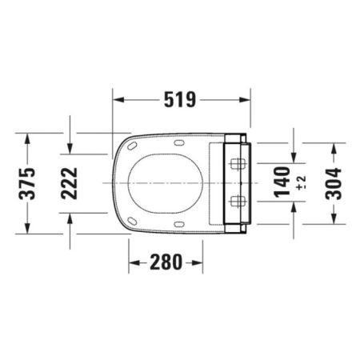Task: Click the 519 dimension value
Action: pyautogui.click(x=181, y=100)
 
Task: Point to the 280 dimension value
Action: pyautogui.click(x=166, y=261)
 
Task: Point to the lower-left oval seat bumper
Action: pyautogui.click(x=133, y=219)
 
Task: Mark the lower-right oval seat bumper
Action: pyautogui.click(x=177, y=222)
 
